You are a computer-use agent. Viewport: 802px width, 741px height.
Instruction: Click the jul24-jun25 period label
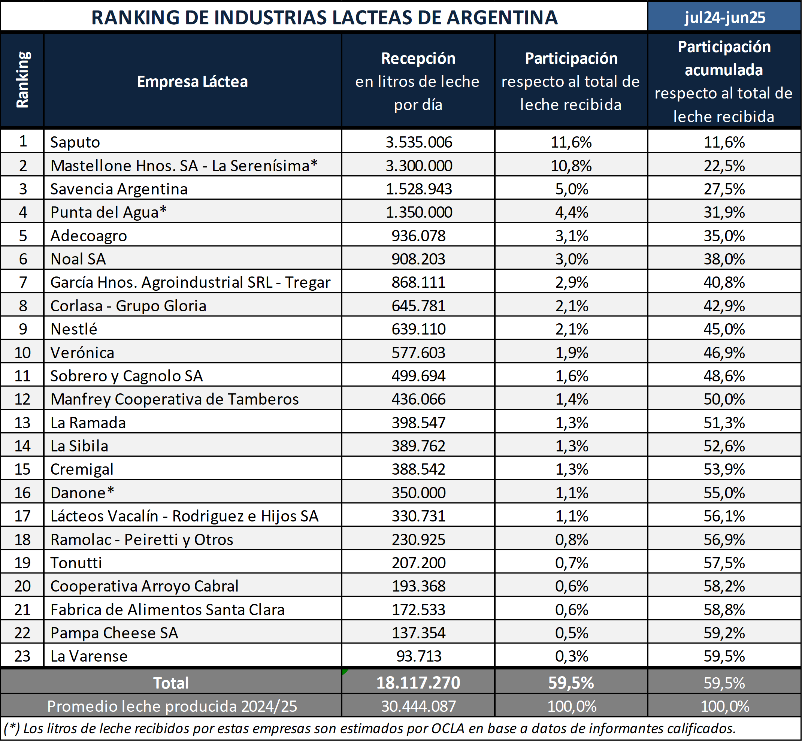pos(724,17)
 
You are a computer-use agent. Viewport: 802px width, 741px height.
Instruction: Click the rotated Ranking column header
pos(22,80)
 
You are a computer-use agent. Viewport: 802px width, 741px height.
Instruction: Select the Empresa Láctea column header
pos(193,81)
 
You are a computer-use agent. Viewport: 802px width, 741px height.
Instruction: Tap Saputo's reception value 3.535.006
pos(419,142)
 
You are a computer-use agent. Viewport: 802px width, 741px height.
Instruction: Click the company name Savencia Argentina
pos(119,189)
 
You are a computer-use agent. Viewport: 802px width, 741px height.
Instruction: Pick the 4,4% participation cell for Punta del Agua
pos(571,212)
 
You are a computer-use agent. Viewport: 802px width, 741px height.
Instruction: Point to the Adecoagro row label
pos(89,235)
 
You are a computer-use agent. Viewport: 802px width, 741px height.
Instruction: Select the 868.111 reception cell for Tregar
pos(419,282)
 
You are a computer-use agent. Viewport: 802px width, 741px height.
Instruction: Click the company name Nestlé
pos(74,329)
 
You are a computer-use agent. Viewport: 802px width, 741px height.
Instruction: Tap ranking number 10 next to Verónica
pos(22,353)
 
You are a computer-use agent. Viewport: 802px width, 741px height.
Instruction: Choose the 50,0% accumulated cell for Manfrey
pos(724,399)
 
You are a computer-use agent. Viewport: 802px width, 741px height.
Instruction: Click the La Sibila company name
pos(79,446)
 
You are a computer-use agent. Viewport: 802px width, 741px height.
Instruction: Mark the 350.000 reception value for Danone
pos(419,492)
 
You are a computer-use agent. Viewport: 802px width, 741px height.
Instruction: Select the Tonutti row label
pos(76,563)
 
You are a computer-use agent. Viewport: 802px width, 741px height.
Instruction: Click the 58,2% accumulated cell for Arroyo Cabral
pos(724,586)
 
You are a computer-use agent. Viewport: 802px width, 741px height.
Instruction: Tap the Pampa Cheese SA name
pos(114,633)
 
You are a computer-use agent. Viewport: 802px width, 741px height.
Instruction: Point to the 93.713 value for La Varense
pos(419,656)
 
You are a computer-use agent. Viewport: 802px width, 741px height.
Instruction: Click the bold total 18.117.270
pos(418,683)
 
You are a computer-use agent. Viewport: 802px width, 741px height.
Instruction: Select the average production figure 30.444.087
pos(419,706)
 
